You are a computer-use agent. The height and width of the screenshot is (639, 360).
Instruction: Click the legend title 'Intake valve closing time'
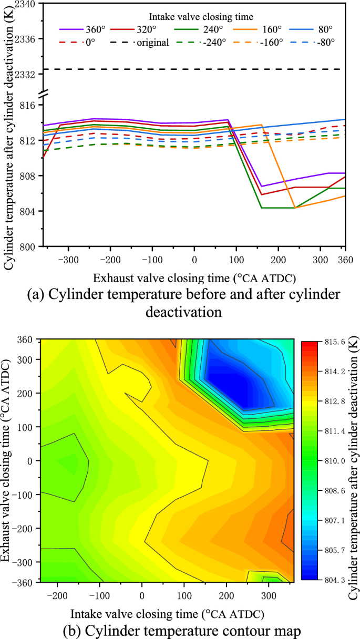pyautogui.click(x=194, y=17)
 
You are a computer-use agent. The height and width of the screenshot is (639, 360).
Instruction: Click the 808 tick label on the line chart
pyautogui.click(x=30, y=176)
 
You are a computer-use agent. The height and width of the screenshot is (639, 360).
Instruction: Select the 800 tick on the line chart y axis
pyautogui.click(x=30, y=246)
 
